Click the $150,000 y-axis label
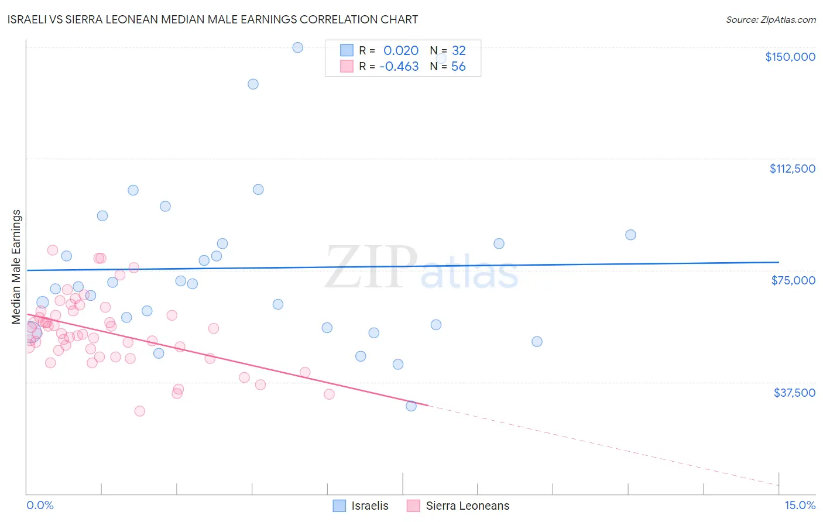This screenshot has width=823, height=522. pos(790,57)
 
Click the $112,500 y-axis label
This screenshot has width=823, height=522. pos(792,169)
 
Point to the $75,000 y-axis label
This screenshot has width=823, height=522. pos(793,280)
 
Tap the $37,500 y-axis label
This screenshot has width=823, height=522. pos(794,393)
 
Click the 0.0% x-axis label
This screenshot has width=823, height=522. pos(40,505)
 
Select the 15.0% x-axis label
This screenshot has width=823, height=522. pos(800,505)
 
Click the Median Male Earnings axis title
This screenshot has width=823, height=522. pos(16,267)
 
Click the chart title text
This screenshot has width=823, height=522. pos(212,19)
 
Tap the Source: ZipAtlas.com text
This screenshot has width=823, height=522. pos(770,19)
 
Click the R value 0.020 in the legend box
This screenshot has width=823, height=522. pos(401,51)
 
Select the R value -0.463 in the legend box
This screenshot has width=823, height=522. pos(399,67)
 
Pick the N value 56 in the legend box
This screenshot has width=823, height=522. pos(458,67)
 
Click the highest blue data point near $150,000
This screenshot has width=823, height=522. pos(297,47)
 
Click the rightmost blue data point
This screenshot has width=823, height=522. pos(630,235)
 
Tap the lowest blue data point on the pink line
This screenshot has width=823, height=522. pos(411,406)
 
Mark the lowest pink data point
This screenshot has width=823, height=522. pos(139,411)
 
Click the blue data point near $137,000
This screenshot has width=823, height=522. pos(253,84)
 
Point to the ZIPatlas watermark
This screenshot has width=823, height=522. pos(421,268)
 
